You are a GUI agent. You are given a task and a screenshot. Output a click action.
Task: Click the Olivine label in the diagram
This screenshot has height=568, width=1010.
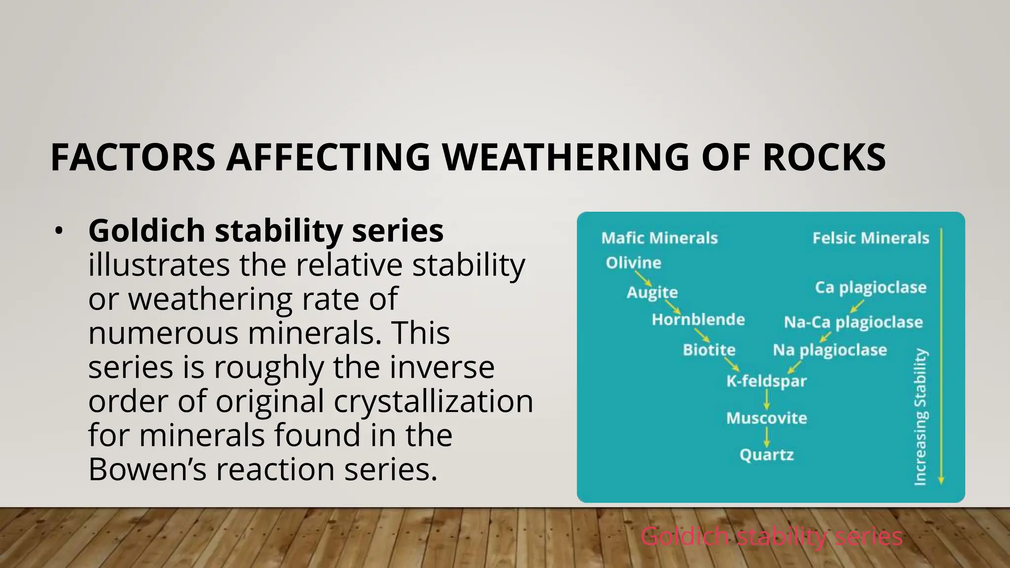[633, 263]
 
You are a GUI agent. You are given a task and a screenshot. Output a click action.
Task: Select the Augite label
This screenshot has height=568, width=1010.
[652, 292]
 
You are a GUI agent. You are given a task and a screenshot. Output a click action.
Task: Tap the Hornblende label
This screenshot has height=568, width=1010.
[698, 319]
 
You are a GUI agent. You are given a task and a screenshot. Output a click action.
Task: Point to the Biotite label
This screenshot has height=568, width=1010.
[709, 350]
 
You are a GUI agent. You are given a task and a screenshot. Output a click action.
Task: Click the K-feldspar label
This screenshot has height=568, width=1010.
[766, 381]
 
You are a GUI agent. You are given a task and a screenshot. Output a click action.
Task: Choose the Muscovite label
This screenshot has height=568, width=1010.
[766, 418]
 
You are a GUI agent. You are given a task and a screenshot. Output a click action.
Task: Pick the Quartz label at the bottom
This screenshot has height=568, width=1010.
[766, 455]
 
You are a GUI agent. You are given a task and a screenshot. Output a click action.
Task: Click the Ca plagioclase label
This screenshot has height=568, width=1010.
[870, 287]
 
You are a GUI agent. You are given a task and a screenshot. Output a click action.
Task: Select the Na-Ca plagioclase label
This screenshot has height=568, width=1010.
[853, 322]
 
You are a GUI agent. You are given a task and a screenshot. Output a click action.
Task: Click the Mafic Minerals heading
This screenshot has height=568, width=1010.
[659, 238]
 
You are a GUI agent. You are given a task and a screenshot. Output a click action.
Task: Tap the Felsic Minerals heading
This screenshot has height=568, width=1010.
[870, 238]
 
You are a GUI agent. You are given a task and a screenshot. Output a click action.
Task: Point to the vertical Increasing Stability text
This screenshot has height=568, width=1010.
[920, 417]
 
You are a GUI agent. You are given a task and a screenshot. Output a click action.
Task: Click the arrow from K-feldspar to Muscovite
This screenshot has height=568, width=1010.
[767, 399]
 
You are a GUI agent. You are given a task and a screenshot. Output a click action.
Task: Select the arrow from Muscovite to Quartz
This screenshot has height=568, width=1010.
[767, 437]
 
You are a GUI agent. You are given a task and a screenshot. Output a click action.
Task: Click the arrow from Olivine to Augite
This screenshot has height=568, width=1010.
[643, 278]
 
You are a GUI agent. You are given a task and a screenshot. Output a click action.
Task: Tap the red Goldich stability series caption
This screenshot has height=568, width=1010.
[772, 536]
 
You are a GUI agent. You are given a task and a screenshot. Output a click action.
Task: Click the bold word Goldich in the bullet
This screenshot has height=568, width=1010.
[146, 231]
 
